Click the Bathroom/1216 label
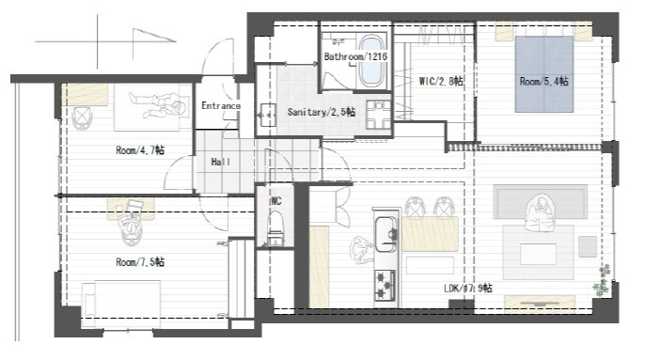coord(355,56)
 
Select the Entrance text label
coord(221,105)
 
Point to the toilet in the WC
coord(276,227)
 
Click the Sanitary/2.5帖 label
coord(322,112)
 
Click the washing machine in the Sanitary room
coord(379,115)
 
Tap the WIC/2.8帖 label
coord(441,81)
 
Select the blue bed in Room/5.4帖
coord(544,74)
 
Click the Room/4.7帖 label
coord(140,150)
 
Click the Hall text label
coord(220,162)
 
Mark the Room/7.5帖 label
coord(140,262)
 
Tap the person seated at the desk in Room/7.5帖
coord(131,222)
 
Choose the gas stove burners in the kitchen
coord(385,285)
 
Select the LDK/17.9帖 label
coord(467,288)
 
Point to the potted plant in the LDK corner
coord(602,280)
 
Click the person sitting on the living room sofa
coord(540,213)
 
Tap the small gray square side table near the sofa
coord(588,246)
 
